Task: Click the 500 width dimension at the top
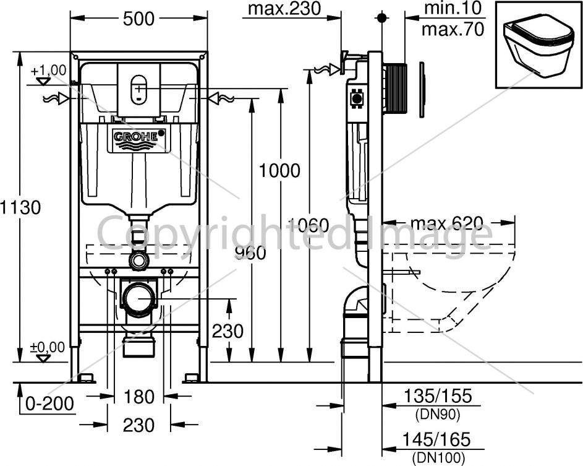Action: point(138,19)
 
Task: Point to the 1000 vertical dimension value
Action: point(279,171)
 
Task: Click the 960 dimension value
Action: point(250,253)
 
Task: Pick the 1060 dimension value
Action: point(309,225)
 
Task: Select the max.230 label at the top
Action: point(284,8)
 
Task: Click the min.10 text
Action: point(453,8)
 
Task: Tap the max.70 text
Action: point(453,29)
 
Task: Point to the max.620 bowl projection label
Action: point(447,223)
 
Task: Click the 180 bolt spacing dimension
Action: point(138,397)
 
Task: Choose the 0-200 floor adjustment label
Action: point(50,403)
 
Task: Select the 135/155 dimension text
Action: point(438,395)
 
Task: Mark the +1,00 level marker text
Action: point(48,70)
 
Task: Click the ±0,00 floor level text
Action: point(47,347)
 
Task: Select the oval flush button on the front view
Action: point(138,89)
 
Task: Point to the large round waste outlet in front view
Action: point(139,298)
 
